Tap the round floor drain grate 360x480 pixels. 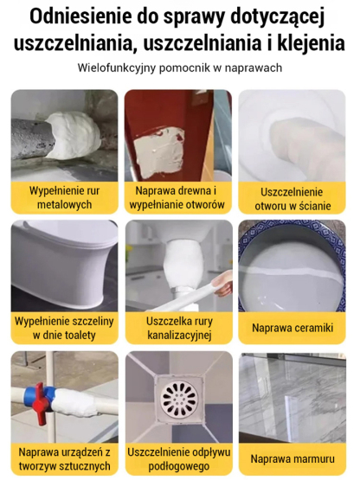(179, 398)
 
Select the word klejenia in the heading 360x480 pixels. (311, 43)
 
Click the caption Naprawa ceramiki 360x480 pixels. (292, 328)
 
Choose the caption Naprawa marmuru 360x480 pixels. (292, 459)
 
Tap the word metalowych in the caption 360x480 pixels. (64, 204)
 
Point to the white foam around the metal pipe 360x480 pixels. (74, 135)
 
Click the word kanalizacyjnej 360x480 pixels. (179, 336)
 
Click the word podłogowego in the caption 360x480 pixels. (179, 466)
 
